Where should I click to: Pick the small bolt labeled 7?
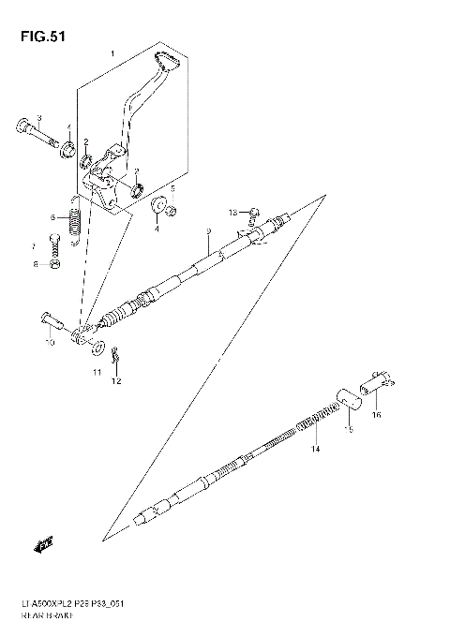(55, 241)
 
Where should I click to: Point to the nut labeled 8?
(55, 265)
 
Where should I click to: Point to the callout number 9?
(209, 230)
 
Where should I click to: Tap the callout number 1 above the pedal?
(112, 54)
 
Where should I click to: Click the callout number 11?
(96, 373)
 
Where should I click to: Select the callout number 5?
(172, 187)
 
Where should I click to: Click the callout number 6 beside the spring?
(54, 217)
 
